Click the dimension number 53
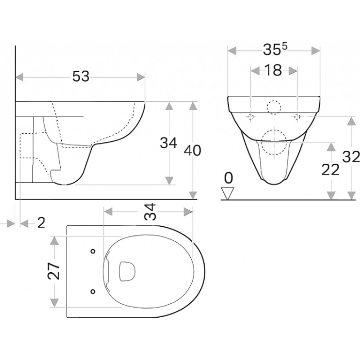tap(81, 76)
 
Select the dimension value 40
tap(193, 150)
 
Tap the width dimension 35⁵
tap(275, 49)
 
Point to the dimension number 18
tap(273, 70)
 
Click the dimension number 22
tap(330, 170)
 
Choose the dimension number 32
tap(351, 157)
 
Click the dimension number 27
tap(54, 271)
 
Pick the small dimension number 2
tap(41, 223)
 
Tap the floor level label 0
tap(228, 178)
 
